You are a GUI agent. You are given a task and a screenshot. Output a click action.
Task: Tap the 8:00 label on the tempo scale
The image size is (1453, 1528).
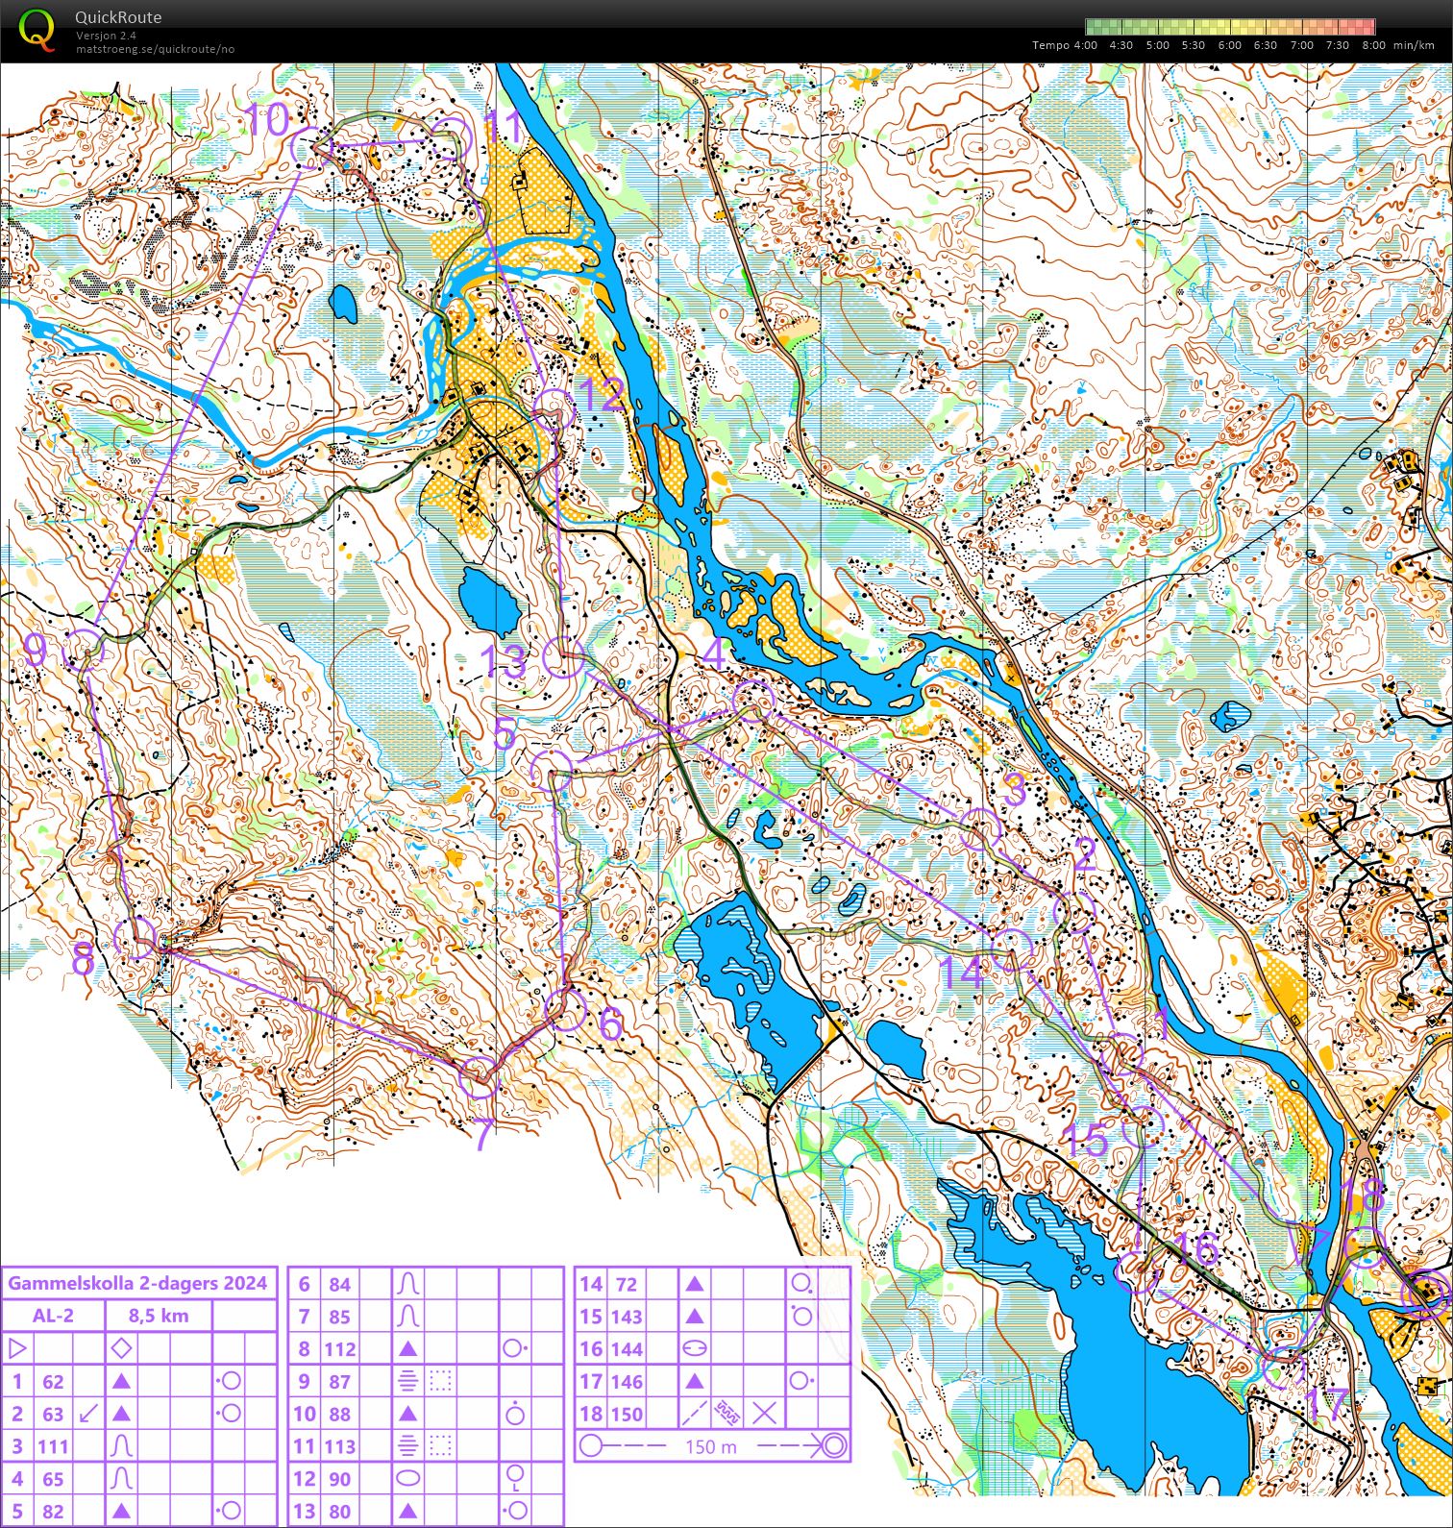tap(1373, 45)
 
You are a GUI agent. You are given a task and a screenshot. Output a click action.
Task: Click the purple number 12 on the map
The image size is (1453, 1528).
tap(603, 395)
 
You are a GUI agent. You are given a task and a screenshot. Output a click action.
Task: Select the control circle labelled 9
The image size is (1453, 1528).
tap(84, 650)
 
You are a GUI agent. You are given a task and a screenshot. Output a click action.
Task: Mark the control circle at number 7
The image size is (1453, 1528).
tap(479, 1078)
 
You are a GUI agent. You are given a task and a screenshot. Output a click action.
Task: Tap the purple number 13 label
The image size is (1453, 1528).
tap(504, 661)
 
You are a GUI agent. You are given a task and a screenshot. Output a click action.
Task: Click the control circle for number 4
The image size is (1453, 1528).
tap(753, 701)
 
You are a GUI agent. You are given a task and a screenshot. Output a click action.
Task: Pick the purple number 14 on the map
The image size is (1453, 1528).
tap(961, 973)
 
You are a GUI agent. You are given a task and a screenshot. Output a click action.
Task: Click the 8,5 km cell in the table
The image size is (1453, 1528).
tap(159, 1316)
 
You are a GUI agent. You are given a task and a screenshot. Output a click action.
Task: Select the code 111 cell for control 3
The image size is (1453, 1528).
tap(53, 1446)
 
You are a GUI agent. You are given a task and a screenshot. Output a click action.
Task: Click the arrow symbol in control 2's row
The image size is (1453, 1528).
tap(87, 1414)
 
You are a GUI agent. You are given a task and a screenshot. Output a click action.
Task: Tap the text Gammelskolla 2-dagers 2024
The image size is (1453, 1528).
tap(138, 1283)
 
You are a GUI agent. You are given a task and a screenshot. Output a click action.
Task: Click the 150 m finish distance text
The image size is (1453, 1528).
tap(711, 1446)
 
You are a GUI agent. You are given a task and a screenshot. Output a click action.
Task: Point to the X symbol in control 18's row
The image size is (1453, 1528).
tap(764, 1414)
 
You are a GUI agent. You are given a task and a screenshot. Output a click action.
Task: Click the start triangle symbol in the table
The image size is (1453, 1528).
tap(16, 1348)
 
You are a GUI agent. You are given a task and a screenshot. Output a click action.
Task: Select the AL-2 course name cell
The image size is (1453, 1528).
tap(53, 1316)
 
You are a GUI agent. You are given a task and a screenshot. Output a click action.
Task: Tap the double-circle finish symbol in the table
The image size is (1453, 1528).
tap(833, 1445)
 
